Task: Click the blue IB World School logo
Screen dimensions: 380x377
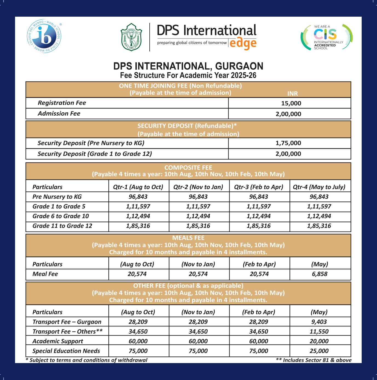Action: click(44, 36)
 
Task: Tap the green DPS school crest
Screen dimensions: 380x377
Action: click(131, 37)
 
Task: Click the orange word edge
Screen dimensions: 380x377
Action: click(243, 43)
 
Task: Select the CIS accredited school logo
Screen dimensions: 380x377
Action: click(327, 37)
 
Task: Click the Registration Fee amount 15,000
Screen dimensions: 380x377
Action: click(291, 103)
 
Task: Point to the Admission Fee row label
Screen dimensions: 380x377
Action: click(59, 113)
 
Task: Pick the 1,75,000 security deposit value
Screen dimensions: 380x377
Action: click(288, 143)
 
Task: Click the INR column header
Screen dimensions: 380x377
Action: click(292, 93)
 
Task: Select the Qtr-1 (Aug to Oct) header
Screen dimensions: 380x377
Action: click(138, 187)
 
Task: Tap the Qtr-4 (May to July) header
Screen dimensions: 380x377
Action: click(319, 187)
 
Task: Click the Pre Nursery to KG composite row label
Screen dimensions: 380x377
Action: click(57, 197)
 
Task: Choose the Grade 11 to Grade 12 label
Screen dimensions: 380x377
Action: click(62, 226)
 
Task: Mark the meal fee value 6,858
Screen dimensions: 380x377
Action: click(320, 274)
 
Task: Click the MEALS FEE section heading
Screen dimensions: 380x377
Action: click(188, 238)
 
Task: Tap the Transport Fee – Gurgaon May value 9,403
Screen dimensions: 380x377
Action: click(319, 322)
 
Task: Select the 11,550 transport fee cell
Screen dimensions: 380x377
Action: click(319, 332)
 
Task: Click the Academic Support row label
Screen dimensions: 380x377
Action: click(58, 341)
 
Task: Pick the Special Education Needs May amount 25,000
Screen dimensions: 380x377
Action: click(319, 351)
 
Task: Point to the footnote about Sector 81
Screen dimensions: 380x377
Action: click(314, 360)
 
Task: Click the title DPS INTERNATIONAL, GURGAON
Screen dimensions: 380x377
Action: click(188, 66)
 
